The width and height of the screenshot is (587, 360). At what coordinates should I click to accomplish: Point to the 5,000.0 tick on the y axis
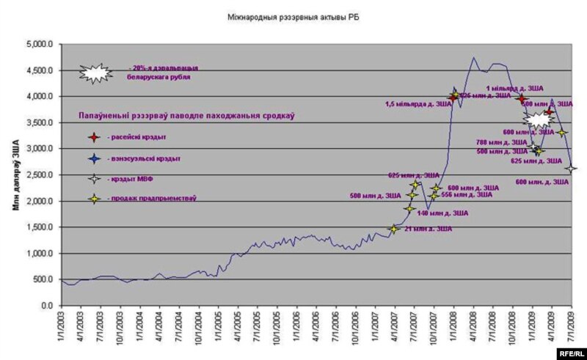click(40, 44)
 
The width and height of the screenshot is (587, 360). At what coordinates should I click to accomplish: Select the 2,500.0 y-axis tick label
click(40, 175)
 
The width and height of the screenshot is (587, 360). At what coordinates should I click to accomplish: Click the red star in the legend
click(93, 137)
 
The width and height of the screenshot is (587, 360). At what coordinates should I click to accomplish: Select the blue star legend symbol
click(93, 158)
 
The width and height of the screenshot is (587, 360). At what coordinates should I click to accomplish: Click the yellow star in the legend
click(93, 198)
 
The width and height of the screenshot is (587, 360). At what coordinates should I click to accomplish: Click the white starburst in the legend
click(95, 72)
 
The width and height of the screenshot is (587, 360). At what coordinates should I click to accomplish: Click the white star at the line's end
click(572, 169)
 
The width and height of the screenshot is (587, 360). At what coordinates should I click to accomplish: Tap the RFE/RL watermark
click(570, 353)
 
